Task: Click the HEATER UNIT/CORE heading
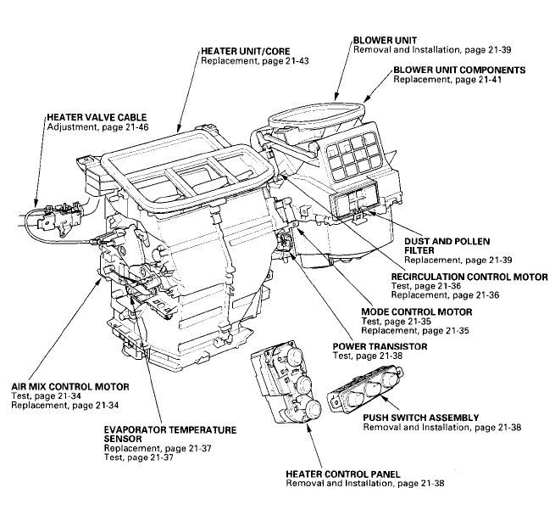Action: coord(245,52)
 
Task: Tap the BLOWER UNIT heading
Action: coord(385,40)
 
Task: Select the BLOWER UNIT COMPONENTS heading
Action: coord(459,70)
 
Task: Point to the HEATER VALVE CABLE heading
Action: coord(97,117)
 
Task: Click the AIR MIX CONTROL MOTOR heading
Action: coord(70,386)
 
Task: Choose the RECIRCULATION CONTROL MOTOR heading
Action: coord(469,277)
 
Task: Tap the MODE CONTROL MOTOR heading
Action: coord(417,312)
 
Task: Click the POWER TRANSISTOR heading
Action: coord(380,346)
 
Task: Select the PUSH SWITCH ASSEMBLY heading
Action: coord(421,418)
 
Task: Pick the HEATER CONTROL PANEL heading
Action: coord(343,474)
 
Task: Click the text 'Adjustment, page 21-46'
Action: coord(97,127)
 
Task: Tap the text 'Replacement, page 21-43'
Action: coord(255,61)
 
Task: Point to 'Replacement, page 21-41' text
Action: coord(447,80)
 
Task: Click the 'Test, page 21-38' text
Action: coord(368,356)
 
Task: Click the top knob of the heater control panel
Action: coord(296,356)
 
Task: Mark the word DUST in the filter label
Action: coord(416,242)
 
